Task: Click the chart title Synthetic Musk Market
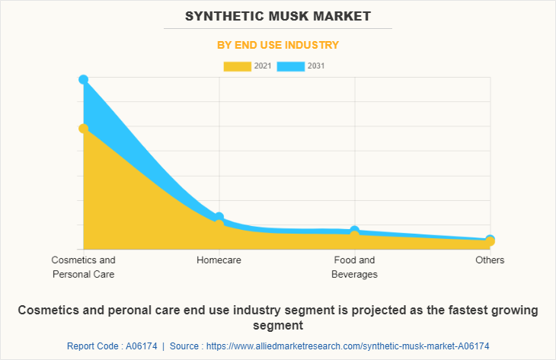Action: click(x=278, y=15)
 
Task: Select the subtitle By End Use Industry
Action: click(x=278, y=45)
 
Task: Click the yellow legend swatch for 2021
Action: click(x=237, y=66)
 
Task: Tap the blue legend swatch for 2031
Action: click(x=290, y=66)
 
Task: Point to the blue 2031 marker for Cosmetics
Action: click(x=83, y=79)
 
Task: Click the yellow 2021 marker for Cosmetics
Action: click(x=83, y=129)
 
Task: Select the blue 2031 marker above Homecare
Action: click(x=219, y=218)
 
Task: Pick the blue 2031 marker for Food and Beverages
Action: click(x=354, y=230)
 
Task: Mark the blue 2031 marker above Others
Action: click(x=490, y=240)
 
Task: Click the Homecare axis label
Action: click(x=219, y=260)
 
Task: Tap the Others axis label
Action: click(x=490, y=260)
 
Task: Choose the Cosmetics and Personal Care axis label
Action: click(x=83, y=267)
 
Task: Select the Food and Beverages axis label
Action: click(x=354, y=267)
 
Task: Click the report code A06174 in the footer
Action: click(x=140, y=346)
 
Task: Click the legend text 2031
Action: click(x=316, y=66)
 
